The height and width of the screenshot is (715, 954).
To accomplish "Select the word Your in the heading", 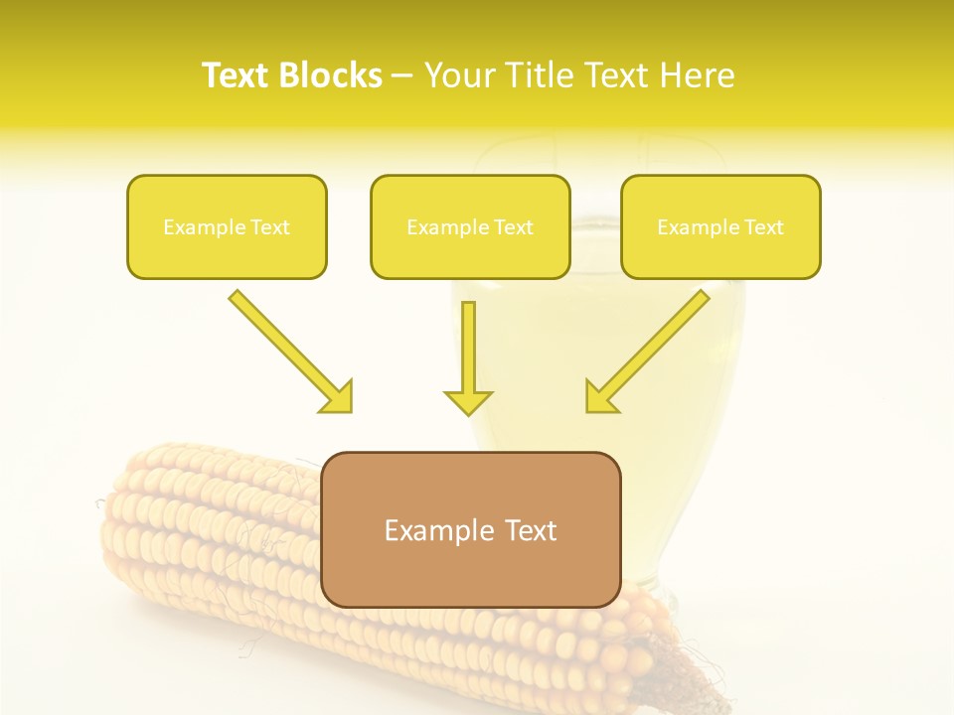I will pos(460,75).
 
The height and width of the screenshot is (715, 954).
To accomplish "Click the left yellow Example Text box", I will pos(227,227).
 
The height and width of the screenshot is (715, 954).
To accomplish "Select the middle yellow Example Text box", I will pos(470,227).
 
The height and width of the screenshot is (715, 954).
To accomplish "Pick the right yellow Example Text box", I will pos(720,227).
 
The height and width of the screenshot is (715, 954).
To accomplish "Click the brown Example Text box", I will pos(470,530).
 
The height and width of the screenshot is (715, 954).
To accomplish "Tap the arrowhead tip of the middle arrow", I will pos(468,411).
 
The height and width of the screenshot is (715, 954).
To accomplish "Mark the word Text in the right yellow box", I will pos(764,227).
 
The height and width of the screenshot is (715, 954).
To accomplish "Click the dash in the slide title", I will pos(402,75).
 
